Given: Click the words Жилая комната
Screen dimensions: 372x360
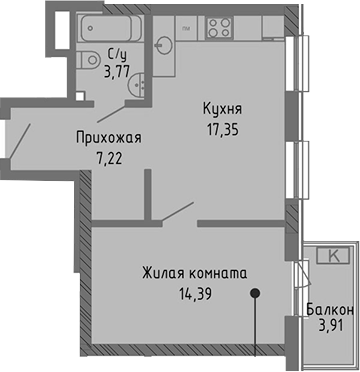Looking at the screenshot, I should pos(194,272).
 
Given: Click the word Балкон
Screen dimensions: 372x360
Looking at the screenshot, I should pos(330,311).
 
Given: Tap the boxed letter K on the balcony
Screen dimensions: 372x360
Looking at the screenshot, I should pos(331,257).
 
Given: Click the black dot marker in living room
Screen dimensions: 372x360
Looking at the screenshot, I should pos(256,295).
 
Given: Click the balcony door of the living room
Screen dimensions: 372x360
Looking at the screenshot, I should pos(299,271).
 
